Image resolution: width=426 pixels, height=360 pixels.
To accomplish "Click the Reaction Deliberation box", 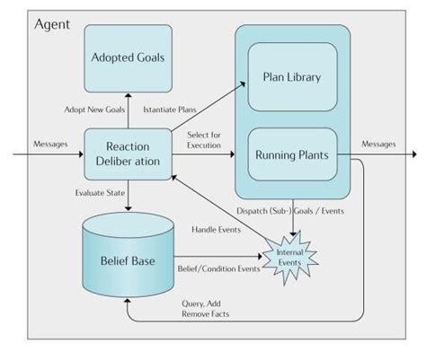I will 127,153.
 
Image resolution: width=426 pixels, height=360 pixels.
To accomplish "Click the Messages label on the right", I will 379,142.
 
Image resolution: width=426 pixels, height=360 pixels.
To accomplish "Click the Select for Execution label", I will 203,139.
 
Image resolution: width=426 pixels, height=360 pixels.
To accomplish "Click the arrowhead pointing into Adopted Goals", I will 127,94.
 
